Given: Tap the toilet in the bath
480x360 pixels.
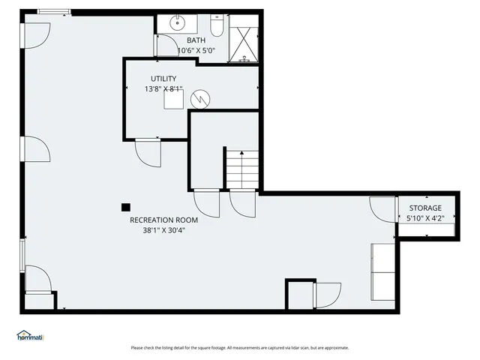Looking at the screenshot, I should click(x=216, y=28).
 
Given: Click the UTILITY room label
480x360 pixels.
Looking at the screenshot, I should click(x=163, y=79).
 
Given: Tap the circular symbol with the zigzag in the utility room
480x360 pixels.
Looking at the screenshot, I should click(x=200, y=98).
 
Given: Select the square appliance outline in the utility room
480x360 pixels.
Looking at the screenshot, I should click(x=174, y=100).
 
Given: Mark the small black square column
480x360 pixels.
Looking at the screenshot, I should click(x=126, y=207).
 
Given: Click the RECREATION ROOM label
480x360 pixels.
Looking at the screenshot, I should click(x=163, y=220).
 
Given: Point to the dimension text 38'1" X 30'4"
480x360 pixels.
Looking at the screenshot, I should click(x=163, y=230).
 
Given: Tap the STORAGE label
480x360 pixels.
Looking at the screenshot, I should click(x=425, y=208).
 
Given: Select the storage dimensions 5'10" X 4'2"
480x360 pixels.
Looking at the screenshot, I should click(x=425, y=218).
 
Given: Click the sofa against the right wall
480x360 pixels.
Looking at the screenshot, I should click(x=382, y=271).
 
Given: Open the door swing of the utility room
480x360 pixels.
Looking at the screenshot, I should click(x=147, y=153).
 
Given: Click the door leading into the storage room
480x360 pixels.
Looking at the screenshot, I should click(x=382, y=208).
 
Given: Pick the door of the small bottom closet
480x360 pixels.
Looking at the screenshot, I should click(x=327, y=294).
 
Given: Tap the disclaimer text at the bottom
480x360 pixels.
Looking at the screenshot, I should click(x=239, y=347).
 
